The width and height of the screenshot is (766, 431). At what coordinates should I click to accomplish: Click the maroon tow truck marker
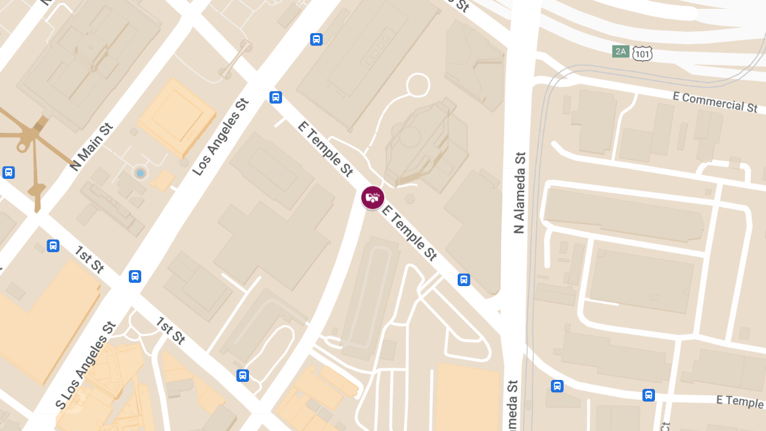[373, 197]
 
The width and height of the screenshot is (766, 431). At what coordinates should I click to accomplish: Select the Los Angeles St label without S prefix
[220, 137]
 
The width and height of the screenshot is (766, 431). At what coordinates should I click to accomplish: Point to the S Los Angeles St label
[86, 365]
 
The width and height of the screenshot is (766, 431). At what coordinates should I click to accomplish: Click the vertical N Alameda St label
[520, 192]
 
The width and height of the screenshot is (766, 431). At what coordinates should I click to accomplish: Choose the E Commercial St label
[715, 101]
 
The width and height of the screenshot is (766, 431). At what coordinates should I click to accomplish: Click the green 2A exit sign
[620, 51]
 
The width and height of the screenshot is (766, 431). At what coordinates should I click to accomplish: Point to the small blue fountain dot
[140, 173]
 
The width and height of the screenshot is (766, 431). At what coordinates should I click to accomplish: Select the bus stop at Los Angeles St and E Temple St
[276, 97]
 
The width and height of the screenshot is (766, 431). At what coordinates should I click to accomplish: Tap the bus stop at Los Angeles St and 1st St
[135, 276]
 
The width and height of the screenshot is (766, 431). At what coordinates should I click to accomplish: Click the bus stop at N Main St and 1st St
[53, 245]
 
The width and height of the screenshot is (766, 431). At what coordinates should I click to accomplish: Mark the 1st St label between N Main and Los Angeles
[89, 259]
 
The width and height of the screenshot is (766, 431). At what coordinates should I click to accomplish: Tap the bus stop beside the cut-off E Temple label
[649, 395]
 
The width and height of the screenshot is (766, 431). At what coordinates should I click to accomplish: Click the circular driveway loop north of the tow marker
[418, 84]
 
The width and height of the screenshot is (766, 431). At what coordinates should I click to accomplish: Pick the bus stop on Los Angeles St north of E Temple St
[316, 40]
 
